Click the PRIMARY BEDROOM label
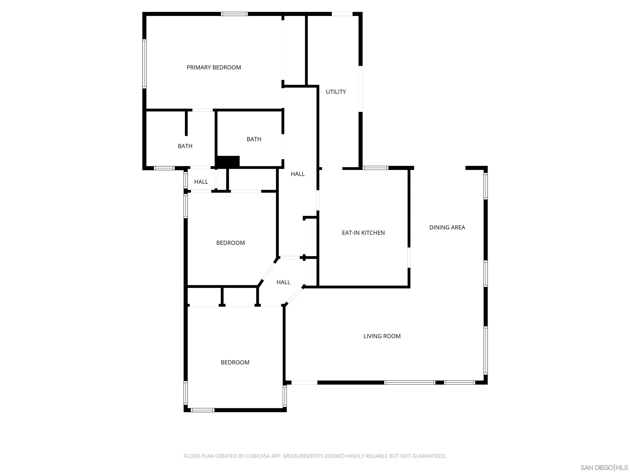[214, 67]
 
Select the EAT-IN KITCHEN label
[363, 233]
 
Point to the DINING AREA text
[447, 227]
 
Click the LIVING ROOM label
[382, 336]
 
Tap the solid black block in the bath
[228, 161]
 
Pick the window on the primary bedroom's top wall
[234, 14]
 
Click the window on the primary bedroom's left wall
[144, 64]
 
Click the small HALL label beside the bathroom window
[201, 182]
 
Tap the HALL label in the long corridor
[298, 174]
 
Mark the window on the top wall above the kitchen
[375, 168]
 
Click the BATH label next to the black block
[254, 139]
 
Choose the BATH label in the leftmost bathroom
[185, 146]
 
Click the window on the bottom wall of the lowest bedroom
[202, 410]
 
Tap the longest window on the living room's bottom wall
[409, 382]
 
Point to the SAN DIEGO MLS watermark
[604, 467]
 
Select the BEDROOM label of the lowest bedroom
[235, 362]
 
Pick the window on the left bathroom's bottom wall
[164, 168]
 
